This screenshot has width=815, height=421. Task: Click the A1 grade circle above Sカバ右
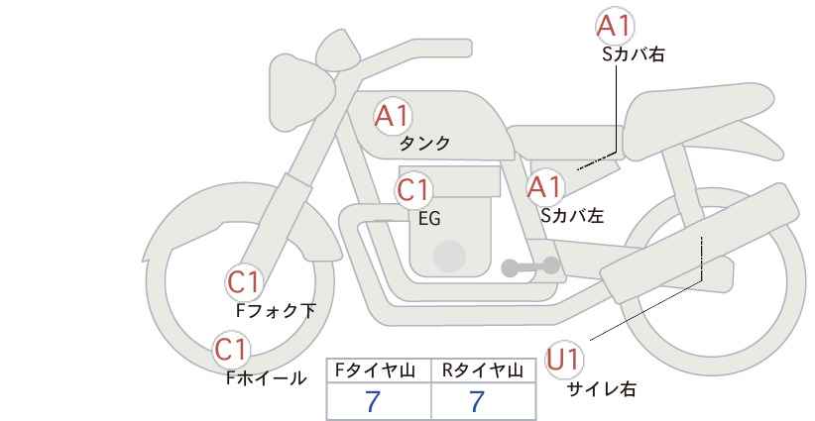(x=615, y=27)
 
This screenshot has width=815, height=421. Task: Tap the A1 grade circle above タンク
(x=393, y=116)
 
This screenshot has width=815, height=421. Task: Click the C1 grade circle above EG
(x=413, y=190)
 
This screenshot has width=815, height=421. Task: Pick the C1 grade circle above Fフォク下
(x=244, y=283)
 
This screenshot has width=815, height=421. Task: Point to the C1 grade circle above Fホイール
(x=232, y=350)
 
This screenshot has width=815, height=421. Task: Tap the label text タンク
(x=424, y=144)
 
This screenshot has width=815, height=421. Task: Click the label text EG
(x=429, y=219)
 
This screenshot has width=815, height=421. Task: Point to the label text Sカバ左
(x=572, y=213)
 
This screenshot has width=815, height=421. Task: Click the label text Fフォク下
(x=276, y=311)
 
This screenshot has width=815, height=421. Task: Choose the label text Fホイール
(x=267, y=377)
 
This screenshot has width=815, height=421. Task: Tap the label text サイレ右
(x=601, y=389)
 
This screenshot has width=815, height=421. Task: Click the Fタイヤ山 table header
(x=379, y=370)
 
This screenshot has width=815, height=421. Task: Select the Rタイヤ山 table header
(x=484, y=370)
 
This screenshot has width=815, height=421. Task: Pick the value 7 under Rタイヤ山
(x=477, y=402)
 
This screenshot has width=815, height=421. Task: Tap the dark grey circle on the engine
(x=449, y=257)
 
